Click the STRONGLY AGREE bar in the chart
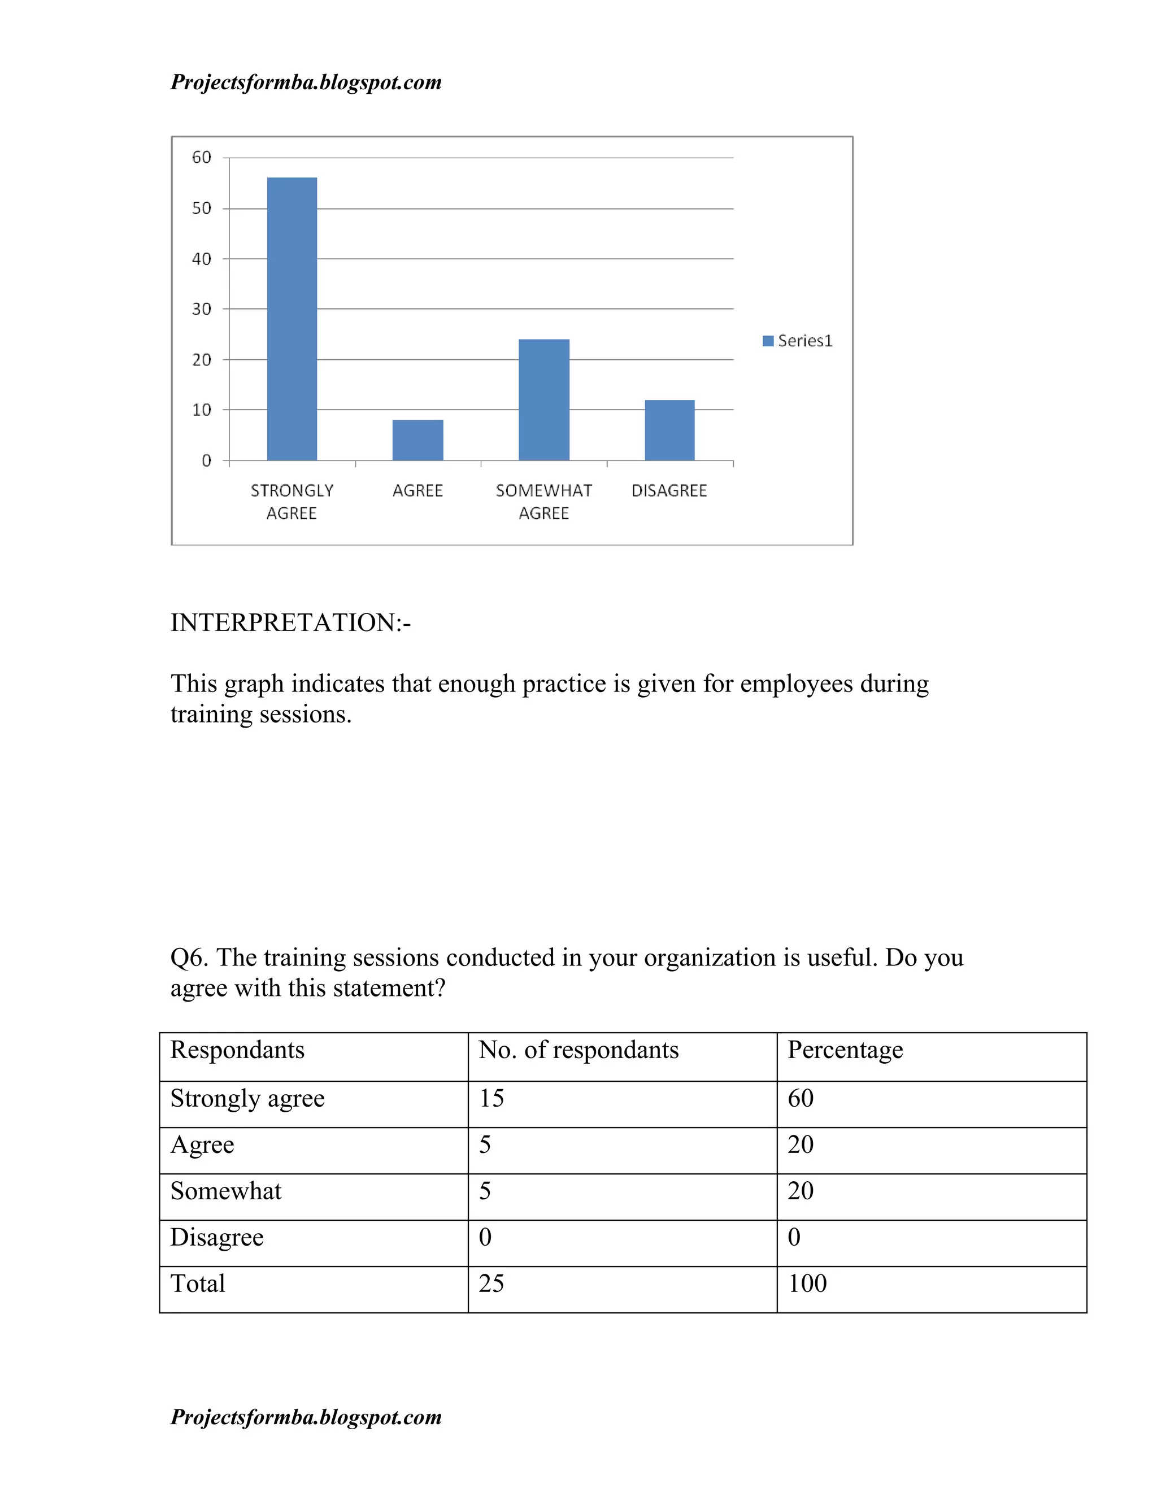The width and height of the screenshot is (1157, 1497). click(x=292, y=319)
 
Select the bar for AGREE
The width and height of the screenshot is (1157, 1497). click(x=417, y=440)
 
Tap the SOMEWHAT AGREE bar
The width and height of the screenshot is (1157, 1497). click(x=543, y=399)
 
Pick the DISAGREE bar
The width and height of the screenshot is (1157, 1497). click(x=669, y=430)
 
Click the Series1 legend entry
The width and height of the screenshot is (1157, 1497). click(x=798, y=341)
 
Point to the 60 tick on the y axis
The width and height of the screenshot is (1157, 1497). click(x=202, y=158)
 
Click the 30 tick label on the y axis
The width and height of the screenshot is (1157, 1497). click(x=202, y=309)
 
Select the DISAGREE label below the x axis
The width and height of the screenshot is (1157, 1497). click(x=669, y=491)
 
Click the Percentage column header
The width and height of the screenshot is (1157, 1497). click(x=845, y=1050)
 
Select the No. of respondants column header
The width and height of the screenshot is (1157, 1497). click(x=578, y=1050)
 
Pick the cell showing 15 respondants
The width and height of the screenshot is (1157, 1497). click(x=491, y=1098)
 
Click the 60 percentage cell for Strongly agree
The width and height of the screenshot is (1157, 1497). click(x=800, y=1098)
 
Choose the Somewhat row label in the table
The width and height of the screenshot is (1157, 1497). click(x=225, y=1191)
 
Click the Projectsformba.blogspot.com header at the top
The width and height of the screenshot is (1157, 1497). click(x=306, y=82)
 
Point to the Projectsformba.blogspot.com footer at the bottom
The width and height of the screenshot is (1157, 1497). click(x=306, y=1417)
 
